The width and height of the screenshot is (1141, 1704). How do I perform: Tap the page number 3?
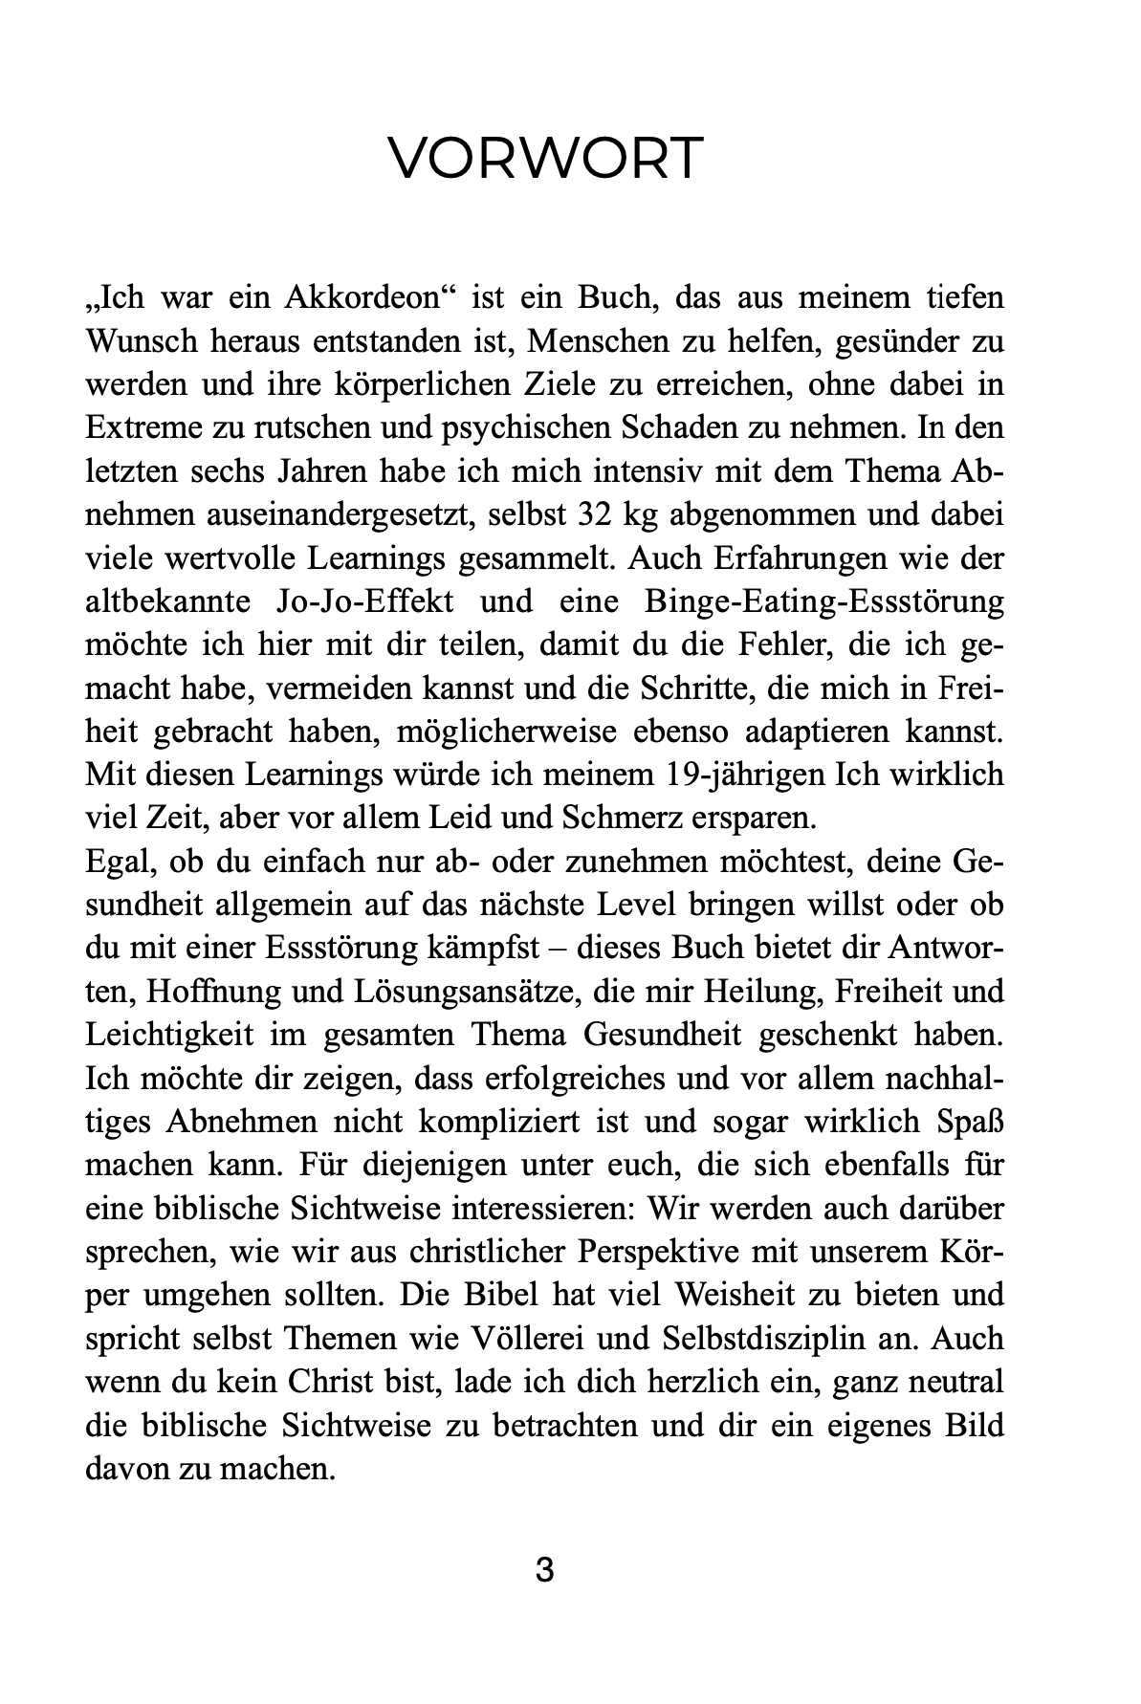[544, 1570]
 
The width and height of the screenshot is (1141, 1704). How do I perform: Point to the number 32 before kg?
[598, 515]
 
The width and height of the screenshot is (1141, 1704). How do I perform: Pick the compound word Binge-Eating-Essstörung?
[824, 602]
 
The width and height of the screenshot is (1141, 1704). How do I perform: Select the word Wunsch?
[142, 341]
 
